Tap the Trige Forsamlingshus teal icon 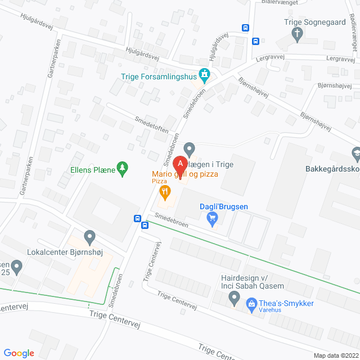point(205,74)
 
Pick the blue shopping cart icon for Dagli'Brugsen point(213,218)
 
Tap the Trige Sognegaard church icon point(298,35)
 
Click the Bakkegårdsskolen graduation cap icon point(355,153)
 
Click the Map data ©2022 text point(335,355)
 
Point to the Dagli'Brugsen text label point(224,206)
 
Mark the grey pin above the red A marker point(190,149)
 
